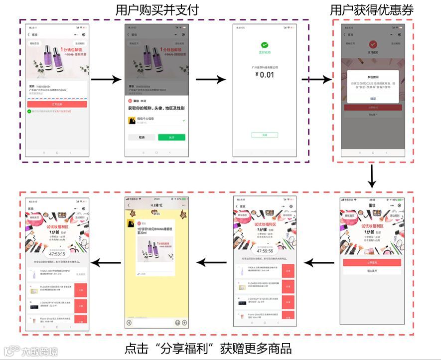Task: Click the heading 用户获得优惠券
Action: click(372, 10)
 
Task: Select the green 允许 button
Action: click(171, 137)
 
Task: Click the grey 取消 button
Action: click(142, 137)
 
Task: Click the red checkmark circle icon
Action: click(373, 45)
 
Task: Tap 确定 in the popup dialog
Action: click(373, 99)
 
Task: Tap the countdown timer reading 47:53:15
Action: click(56, 253)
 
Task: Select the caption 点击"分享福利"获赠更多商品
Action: click(208, 348)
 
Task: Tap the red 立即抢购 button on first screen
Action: click(57, 105)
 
